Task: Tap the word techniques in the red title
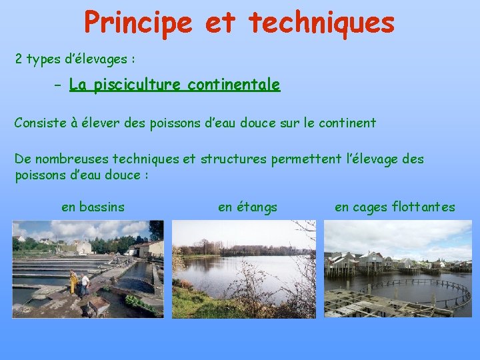point(321,22)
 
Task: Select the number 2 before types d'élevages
point(19,59)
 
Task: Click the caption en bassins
point(93,207)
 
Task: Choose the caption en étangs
point(247,207)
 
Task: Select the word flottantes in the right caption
point(424,207)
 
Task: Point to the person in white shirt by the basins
point(84,284)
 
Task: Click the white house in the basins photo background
point(83,247)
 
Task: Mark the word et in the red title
point(220,22)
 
